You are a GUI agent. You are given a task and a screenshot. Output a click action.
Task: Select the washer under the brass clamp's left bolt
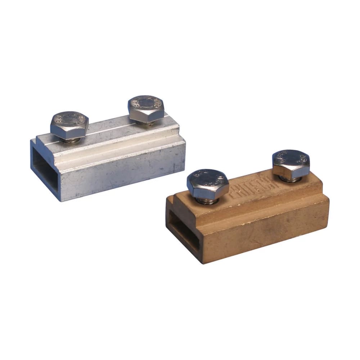pos(208,201)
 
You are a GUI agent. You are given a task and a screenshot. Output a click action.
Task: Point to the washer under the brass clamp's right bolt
pos(290,179)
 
